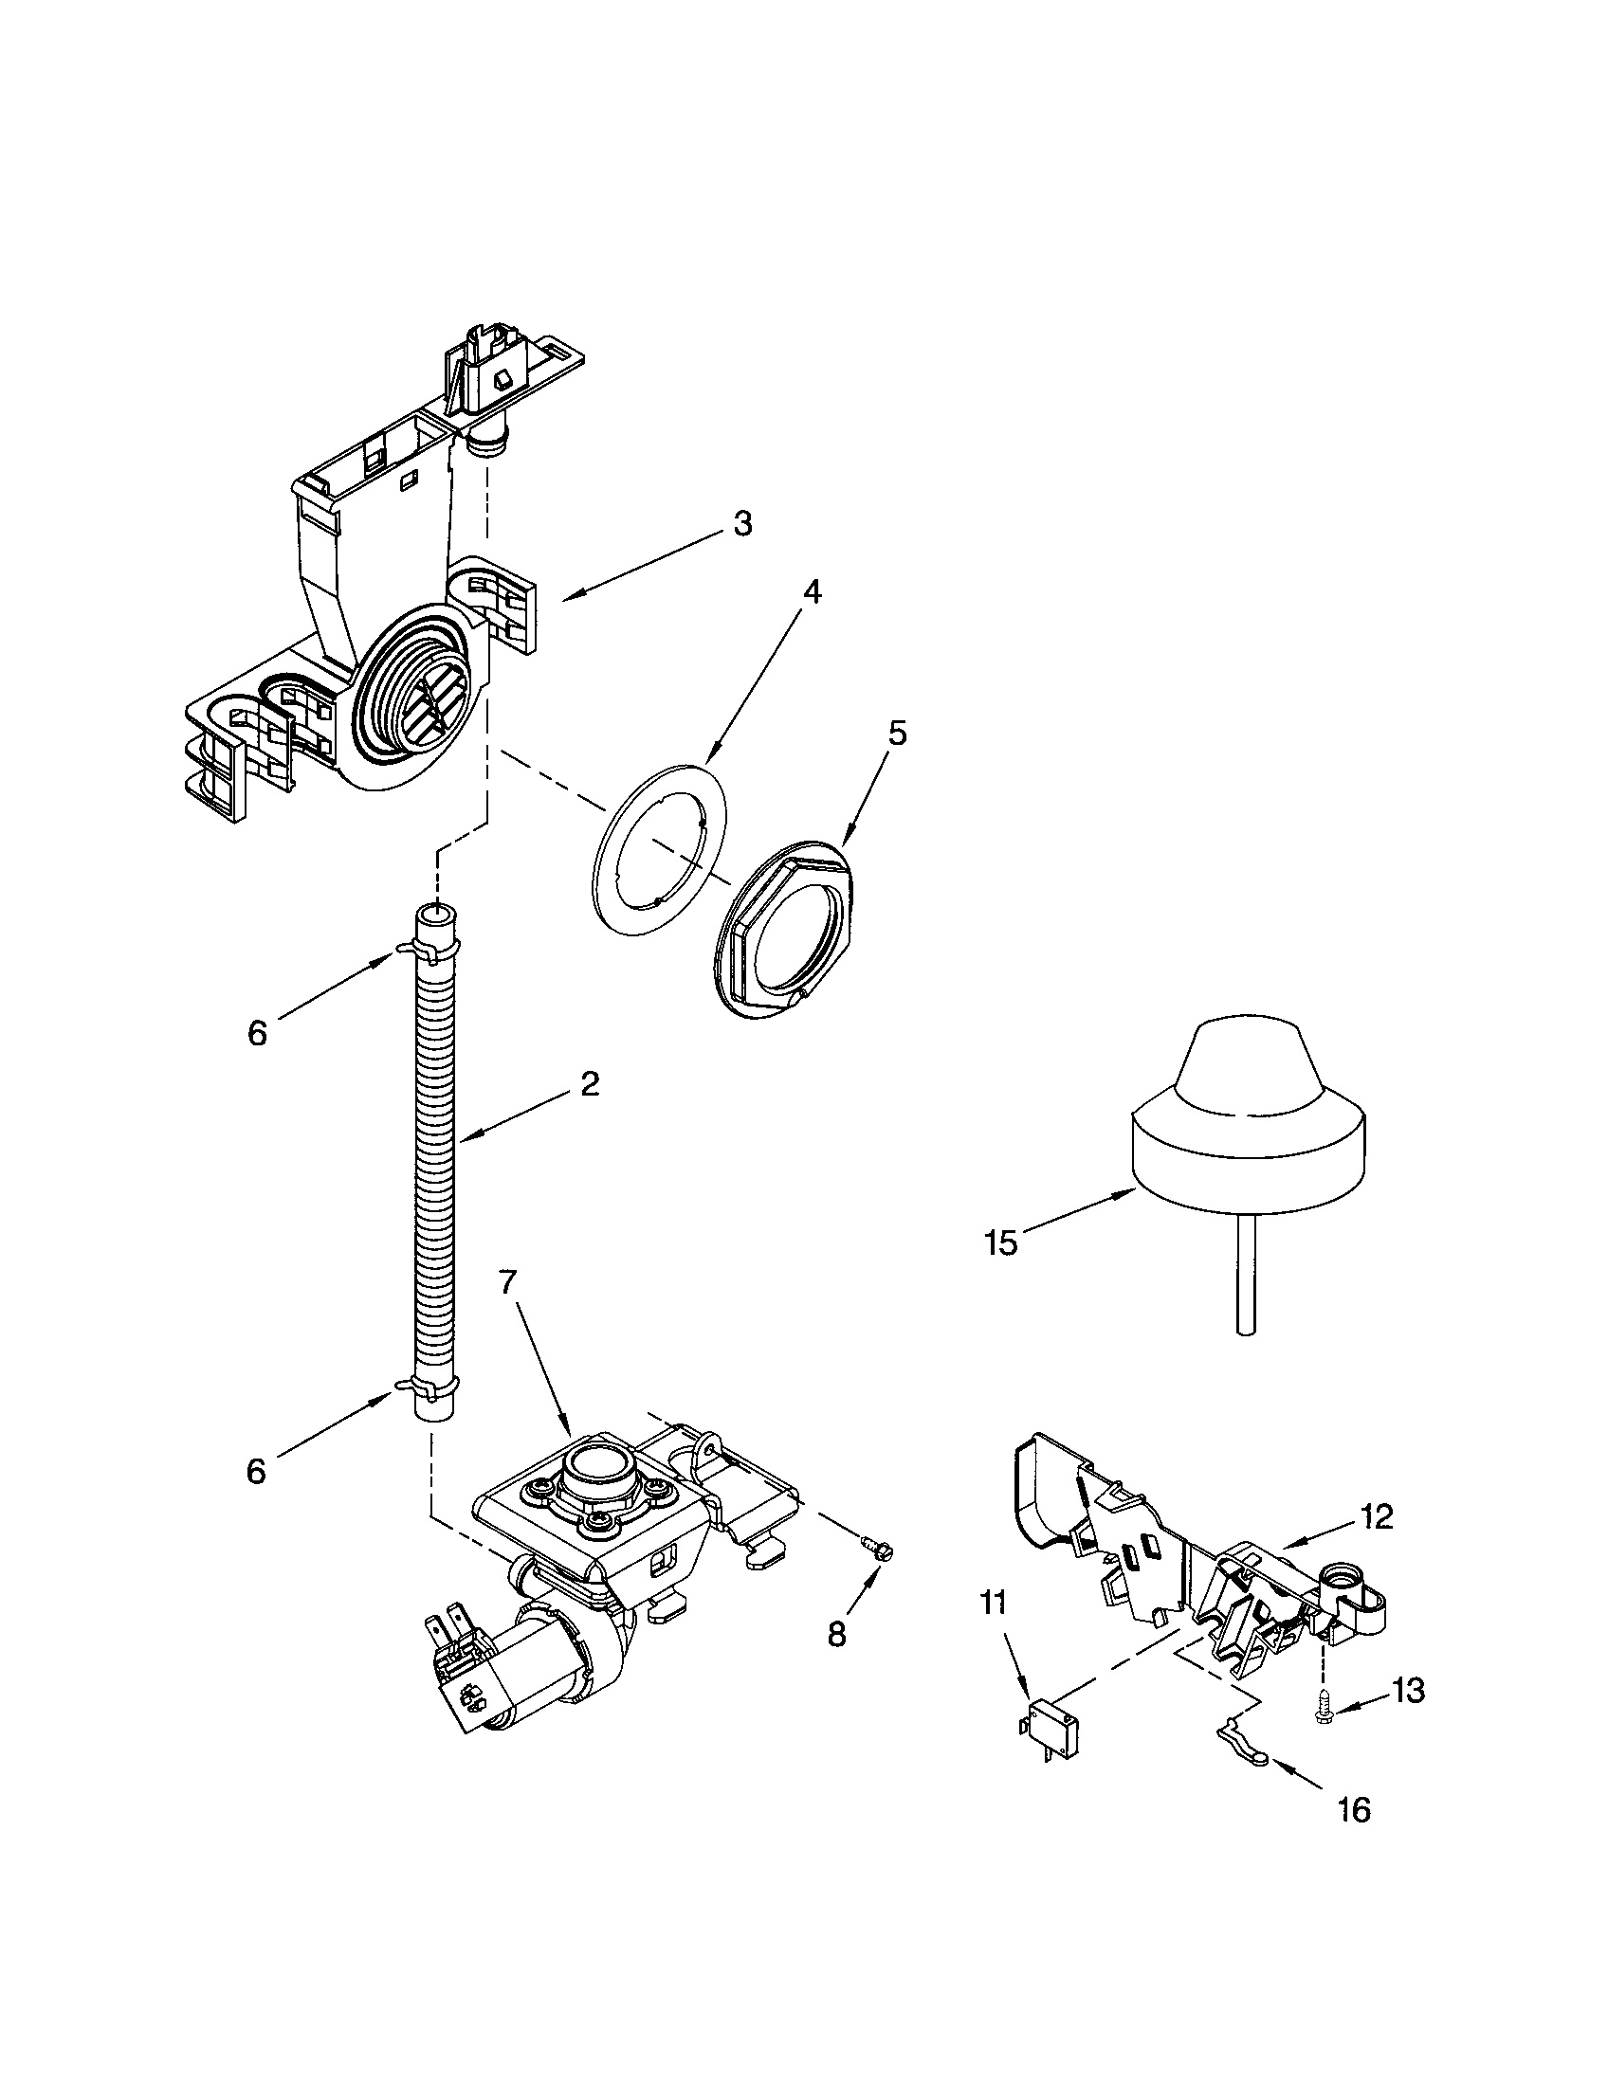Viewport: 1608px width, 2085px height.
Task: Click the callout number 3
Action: point(742,524)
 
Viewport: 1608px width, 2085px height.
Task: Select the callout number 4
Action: point(810,592)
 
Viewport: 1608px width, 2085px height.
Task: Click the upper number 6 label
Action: point(257,1034)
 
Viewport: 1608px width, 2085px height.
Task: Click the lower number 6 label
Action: point(255,1471)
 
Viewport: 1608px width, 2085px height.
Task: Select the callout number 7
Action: point(507,1281)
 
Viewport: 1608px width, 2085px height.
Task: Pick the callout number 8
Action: point(836,1635)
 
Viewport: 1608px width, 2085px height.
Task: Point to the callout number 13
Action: point(1409,1691)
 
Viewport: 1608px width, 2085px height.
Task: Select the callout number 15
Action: point(1001,1244)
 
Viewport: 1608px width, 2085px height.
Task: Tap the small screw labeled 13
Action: point(1325,1704)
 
